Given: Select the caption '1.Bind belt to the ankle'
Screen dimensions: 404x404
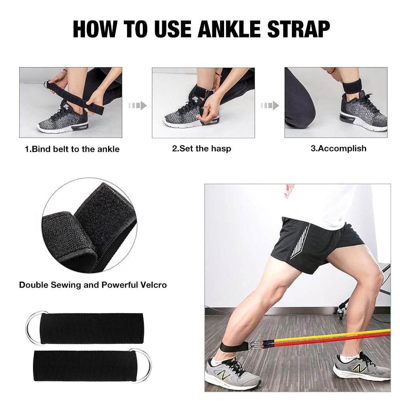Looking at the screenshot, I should click(x=72, y=149).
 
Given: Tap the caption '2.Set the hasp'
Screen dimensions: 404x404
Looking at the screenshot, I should click(x=202, y=149).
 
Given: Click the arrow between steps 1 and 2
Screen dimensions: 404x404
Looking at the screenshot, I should click(x=137, y=105).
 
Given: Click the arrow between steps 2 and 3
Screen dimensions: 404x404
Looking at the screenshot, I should click(x=270, y=105).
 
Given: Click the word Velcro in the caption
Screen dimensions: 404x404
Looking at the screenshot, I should click(x=151, y=284).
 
